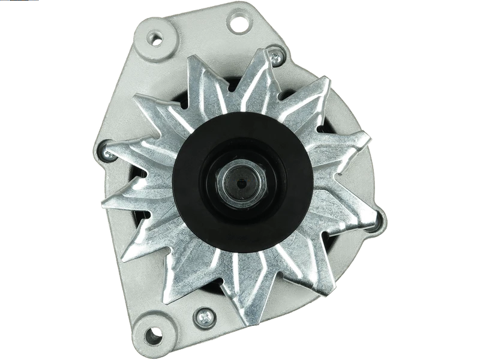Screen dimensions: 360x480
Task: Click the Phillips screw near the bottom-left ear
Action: pos(205,314)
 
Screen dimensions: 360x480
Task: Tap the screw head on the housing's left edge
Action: pos(109,155)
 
